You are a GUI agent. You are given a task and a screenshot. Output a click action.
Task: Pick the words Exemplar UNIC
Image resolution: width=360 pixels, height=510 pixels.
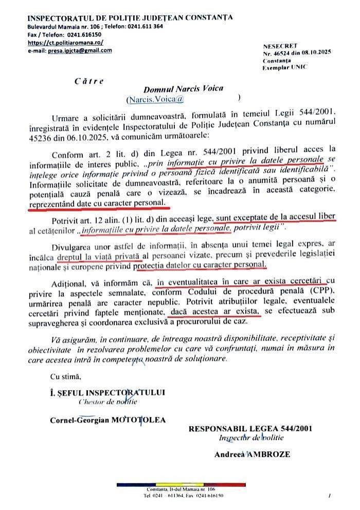(284, 67)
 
